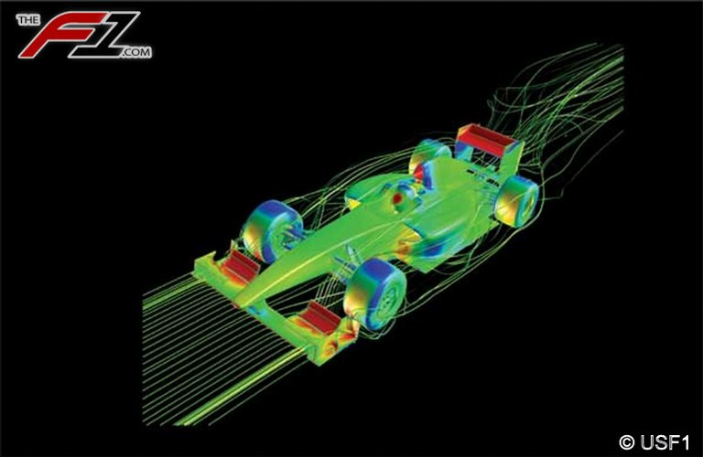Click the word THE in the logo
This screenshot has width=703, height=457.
point(28,20)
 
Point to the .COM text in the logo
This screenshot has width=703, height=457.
point(135,52)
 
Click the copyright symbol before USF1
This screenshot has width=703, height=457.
point(627,442)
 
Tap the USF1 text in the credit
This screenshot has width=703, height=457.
point(665,442)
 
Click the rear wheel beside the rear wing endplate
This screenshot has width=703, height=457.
point(516,199)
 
